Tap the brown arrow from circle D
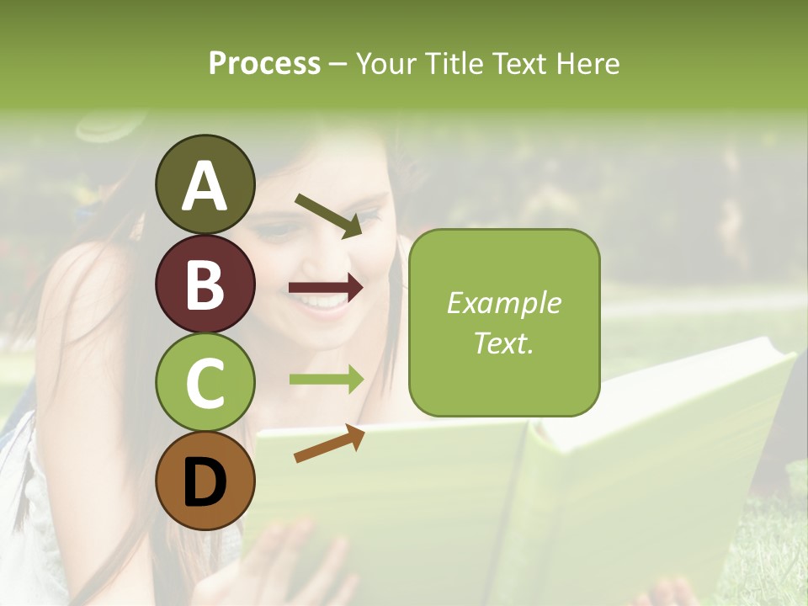329,444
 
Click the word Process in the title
264,63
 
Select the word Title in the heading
447,63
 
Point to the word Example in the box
503,303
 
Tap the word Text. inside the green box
503,343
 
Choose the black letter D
205,483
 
